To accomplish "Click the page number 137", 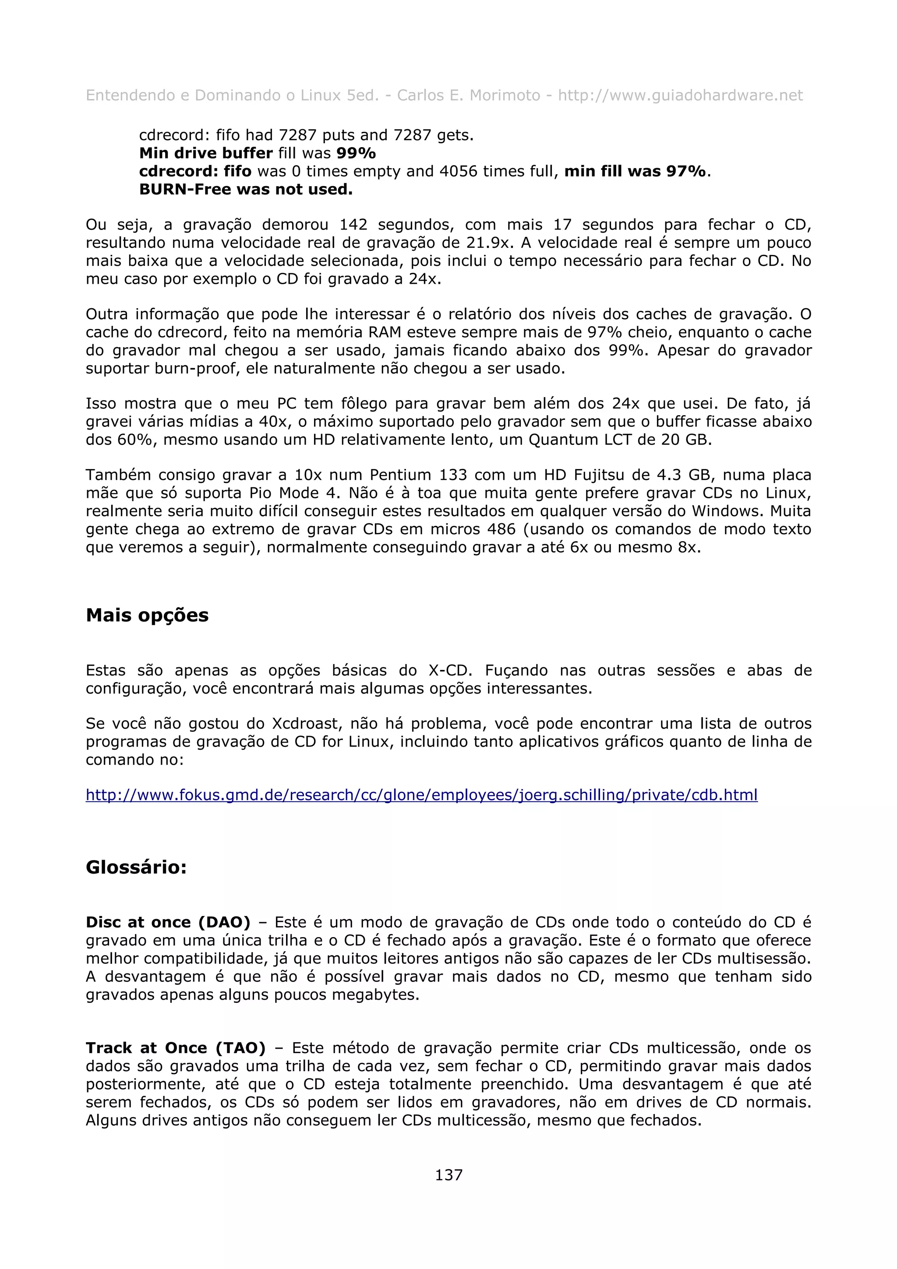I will point(448,1174).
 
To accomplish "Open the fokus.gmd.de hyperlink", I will point(421,795).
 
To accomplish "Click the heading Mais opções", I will point(147,615).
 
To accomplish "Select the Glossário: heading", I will point(136,867).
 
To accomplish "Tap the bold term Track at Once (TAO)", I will point(175,1048).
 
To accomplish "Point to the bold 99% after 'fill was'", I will point(356,153).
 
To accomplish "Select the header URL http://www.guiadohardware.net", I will point(680,95).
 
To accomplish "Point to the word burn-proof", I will point(197,369).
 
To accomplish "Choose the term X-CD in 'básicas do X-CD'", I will point(449,670).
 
